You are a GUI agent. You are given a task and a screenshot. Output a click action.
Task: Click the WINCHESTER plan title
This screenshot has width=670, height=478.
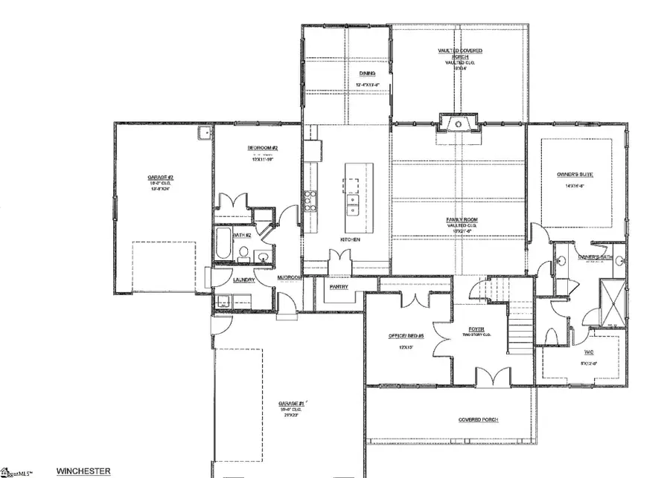click(x=83, y=471)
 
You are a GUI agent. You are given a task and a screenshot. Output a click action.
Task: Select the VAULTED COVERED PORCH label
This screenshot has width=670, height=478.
click(x=459, y=53)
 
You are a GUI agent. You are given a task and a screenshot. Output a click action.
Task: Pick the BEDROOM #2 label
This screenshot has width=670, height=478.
click(x=263, y=148)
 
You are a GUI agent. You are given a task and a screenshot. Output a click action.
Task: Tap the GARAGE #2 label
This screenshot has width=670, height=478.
click(x=160, y=178)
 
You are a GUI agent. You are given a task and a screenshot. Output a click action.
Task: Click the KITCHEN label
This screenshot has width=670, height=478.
click(x=351, y=239)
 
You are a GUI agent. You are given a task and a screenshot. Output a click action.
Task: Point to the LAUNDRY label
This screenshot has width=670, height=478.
click(x=244, y=280)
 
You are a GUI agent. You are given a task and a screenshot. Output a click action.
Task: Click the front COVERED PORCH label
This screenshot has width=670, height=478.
click(x=477, y=419)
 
